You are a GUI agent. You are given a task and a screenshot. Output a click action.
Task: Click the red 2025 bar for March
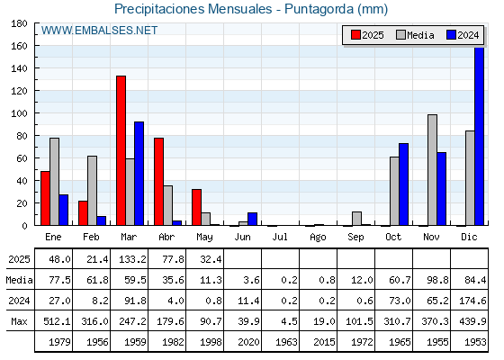[x=121, y=150]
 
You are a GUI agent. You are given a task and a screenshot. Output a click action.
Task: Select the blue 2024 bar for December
[x=479, y=136]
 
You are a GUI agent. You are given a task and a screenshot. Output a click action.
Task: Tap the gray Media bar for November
[x=432, y=170]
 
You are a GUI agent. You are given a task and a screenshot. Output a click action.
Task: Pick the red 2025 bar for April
[x=158, y=182]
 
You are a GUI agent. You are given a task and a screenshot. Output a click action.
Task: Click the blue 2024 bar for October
[x=404, y=184]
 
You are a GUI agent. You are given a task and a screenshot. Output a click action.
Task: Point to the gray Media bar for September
[x=356, y=219]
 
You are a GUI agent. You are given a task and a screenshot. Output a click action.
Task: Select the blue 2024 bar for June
[x=252, y=219]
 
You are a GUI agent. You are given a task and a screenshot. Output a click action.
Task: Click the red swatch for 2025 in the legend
[x=355, y=35]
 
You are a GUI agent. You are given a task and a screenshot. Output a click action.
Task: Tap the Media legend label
[x=420, y=35]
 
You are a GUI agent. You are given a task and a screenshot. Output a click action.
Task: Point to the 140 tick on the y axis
[x=19, y=68]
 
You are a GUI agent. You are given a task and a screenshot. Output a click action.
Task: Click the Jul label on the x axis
[x=280, y=237]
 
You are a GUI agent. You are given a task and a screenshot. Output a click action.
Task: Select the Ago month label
[x=318, y=238]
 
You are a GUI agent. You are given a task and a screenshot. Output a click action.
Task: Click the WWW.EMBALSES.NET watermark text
[x=99, y=31]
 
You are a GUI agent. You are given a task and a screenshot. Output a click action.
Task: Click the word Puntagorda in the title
[x=319, y=9]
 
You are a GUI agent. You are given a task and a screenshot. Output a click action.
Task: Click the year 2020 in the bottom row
[x=248, y=342]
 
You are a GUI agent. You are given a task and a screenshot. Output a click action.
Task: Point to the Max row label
[x=19, y=321]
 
